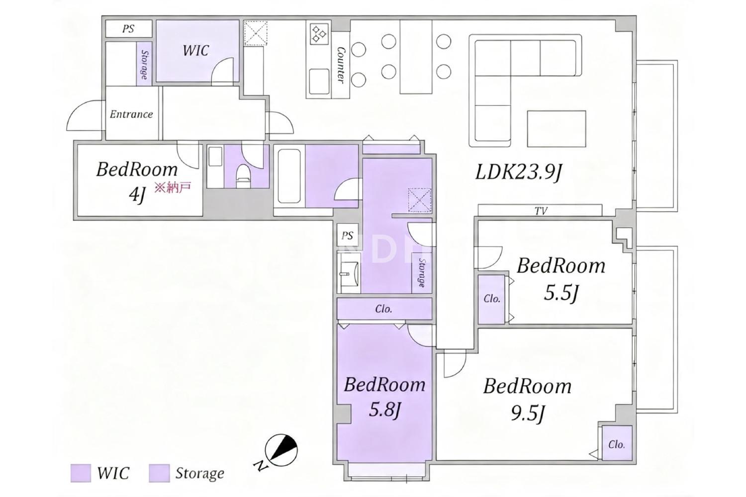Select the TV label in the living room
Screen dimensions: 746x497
(541, 211)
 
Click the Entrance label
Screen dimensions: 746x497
(131, 114)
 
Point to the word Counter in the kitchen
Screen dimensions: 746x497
(341, 65)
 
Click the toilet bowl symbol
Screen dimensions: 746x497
(243, 177)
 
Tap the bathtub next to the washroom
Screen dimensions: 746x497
(289, 176)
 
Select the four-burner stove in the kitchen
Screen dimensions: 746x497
(319, 34)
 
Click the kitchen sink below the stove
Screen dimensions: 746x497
(319, 82)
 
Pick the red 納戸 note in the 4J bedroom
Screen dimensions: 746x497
(173, 188)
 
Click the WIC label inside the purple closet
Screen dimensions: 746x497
(195, 51)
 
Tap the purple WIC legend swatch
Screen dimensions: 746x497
(81, 473)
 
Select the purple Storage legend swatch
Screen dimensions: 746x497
(159, 473)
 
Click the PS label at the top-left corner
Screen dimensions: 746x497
(128, 29)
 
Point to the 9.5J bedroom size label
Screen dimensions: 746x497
(528, 414)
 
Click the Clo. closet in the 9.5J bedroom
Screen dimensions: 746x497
(617, 443)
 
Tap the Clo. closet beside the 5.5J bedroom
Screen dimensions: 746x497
(491, 299)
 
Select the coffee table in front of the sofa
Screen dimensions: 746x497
(557, 129)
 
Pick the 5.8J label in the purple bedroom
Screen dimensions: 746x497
(384, 410)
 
